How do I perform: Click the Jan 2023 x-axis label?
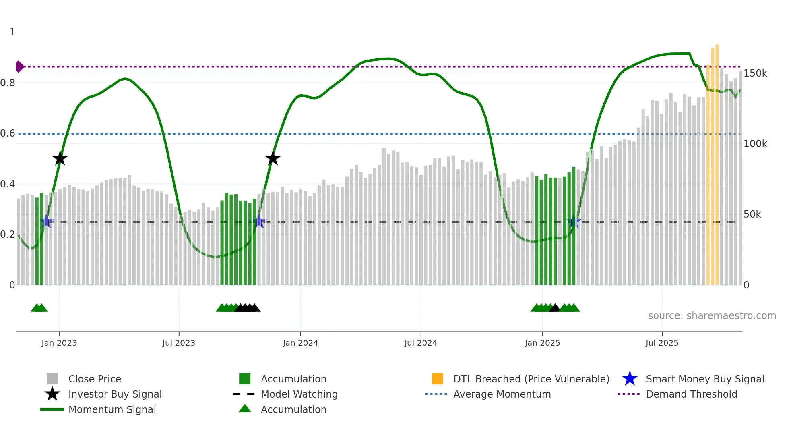click(59, 343)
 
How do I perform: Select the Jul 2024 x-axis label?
click(421, 343)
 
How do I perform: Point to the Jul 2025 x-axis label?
click(662, 343)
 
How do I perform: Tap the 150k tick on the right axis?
click(755, 73)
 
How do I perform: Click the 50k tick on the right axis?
click(752, 214)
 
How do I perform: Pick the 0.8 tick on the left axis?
click(8, 83)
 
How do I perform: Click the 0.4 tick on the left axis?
click(8, 184)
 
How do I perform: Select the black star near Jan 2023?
click(60, 159)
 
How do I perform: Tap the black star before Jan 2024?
click(273, 159)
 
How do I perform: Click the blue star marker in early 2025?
click(573, 222)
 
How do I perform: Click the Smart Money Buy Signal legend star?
click(630, 379)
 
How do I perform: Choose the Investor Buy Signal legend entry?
click(115, 394)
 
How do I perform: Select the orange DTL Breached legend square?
click(437, 379)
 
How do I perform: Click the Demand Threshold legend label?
click(691, 394)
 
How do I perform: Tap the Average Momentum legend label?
click(502, 394)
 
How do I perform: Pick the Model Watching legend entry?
click(299, 394)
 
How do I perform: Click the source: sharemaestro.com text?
click(712, 316)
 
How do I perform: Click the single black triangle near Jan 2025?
click(554, 308)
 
